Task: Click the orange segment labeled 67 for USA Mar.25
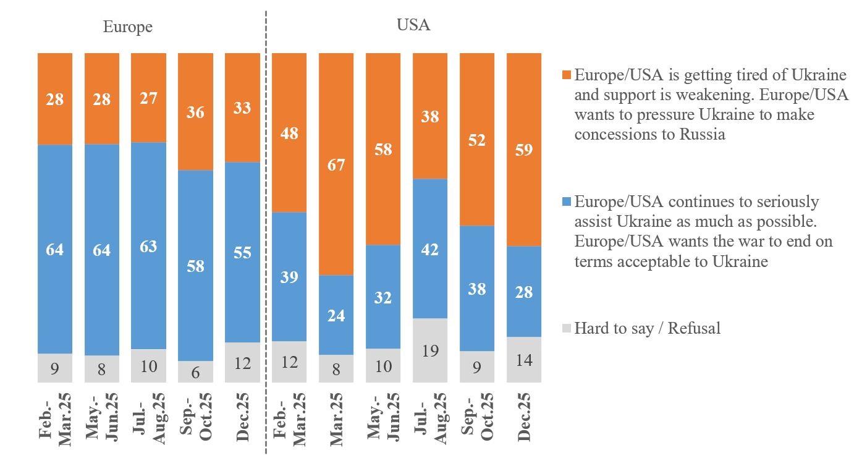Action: pyautogui.click(x=336, y=164)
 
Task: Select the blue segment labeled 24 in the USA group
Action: pyautogui.click(x=336, y=315)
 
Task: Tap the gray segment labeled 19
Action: pyautogui.click(x=430, y=350)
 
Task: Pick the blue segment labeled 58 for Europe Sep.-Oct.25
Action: pyautogui.click(x=195, y=266)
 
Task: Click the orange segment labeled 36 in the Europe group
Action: pyautogui.click(x=195, y=112)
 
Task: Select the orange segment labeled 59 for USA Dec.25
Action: pyautogui.click(x=524, y=150)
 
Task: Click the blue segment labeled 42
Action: pyautogui.click(x=430, y=249)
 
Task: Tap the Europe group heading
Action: pyautogui.click(x=127, y=27)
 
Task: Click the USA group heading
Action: pyautogui.click(x=413, y=25)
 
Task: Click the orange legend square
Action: pyautogui.click(x=567, y=75)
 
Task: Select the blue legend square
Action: pyautogui.click(x=567, y=202)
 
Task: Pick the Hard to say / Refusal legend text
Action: pyautogui.click(x=647, y=328)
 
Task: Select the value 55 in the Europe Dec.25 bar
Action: pyautogui.click(x=242, y=253)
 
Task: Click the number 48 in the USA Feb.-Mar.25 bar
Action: pyautogui.click(x=289, y=133)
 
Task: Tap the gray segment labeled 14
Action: pyautogui.click(x=524, y=360)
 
